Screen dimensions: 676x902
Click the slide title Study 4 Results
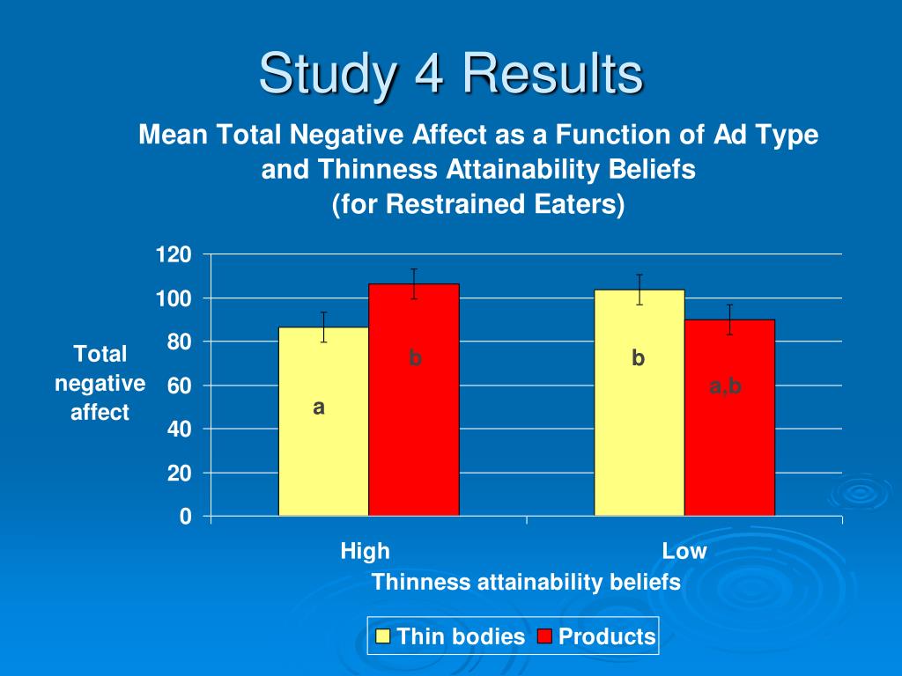point(450,73)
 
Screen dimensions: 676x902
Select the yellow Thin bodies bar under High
point(323,440)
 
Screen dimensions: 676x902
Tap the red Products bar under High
point(414,422)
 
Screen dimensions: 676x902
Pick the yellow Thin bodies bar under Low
point(639,422)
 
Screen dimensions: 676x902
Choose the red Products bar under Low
point(729,440)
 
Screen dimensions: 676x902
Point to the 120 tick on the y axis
point(174,255)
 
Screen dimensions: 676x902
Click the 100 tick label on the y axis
point(174,299)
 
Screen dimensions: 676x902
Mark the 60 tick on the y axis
point(180,386)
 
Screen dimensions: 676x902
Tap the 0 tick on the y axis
point(185,517)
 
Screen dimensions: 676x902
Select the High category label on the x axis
point(365,552)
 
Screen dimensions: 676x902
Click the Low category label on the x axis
point(684,552)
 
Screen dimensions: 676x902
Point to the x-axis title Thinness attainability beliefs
point(526,582)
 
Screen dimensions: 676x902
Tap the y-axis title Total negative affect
point(100,383)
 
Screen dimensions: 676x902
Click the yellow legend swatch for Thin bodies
point(383,636)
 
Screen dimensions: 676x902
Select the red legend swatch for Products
point(544,636)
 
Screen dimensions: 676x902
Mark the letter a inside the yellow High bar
point(319,408)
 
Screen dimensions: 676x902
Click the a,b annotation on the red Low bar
point(727,386)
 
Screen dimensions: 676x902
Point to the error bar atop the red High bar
point(414,283)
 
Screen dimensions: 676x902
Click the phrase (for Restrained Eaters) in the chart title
point(478,204)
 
